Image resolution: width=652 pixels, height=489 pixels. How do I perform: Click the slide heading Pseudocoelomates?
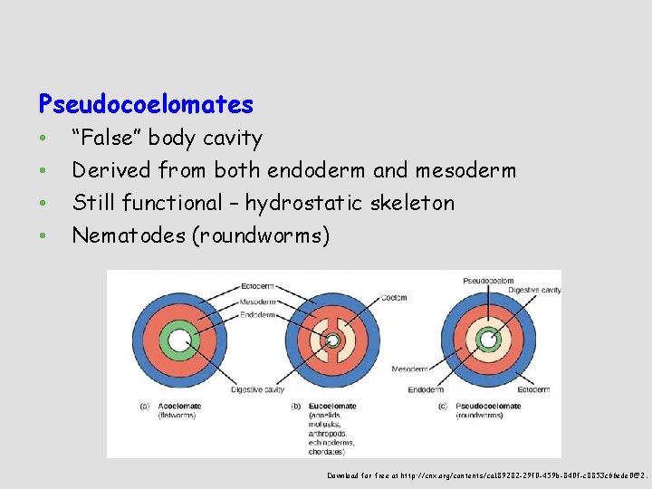[146, 105]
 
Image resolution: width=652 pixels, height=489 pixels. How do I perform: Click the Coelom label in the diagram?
[394, 297]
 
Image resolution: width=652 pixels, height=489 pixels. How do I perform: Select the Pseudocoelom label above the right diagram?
[487, 281]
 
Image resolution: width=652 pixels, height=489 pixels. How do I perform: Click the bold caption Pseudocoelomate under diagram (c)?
[488, 406]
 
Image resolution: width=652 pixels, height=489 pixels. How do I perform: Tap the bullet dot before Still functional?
[43, 204]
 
